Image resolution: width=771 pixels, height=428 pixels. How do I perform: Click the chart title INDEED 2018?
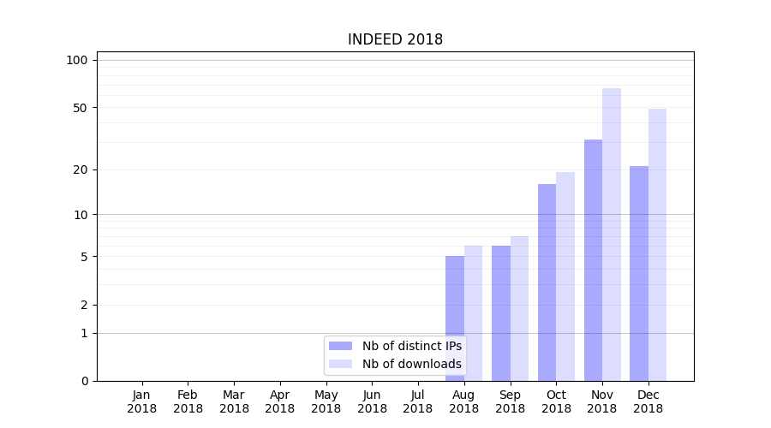395,39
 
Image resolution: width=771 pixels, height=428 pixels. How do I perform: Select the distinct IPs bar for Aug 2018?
455,318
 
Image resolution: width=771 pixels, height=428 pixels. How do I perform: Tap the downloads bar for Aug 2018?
474,313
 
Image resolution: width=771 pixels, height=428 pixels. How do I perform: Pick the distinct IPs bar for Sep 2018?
501,313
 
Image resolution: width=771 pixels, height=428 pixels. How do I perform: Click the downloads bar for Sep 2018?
519,308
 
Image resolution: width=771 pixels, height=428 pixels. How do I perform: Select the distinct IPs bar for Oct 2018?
547,282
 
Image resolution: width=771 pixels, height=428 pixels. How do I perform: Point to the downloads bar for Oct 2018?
565,276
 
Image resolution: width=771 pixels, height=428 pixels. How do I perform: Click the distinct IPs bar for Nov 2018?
593,260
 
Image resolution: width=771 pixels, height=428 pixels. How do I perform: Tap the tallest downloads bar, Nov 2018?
612,235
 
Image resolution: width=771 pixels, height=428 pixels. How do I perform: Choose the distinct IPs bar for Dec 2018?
639,273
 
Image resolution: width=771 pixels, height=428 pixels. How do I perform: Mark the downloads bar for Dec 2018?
657,245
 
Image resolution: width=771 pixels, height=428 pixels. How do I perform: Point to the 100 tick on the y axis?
77,60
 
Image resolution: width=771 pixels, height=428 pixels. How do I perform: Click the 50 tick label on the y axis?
80,108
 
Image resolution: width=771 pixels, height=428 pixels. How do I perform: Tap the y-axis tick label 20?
80,169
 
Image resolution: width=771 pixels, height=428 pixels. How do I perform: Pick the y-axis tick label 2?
83,305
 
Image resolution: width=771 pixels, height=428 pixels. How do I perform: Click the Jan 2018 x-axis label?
141,401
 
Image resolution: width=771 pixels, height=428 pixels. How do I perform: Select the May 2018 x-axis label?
326,401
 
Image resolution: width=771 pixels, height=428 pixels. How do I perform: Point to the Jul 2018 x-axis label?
418,401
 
